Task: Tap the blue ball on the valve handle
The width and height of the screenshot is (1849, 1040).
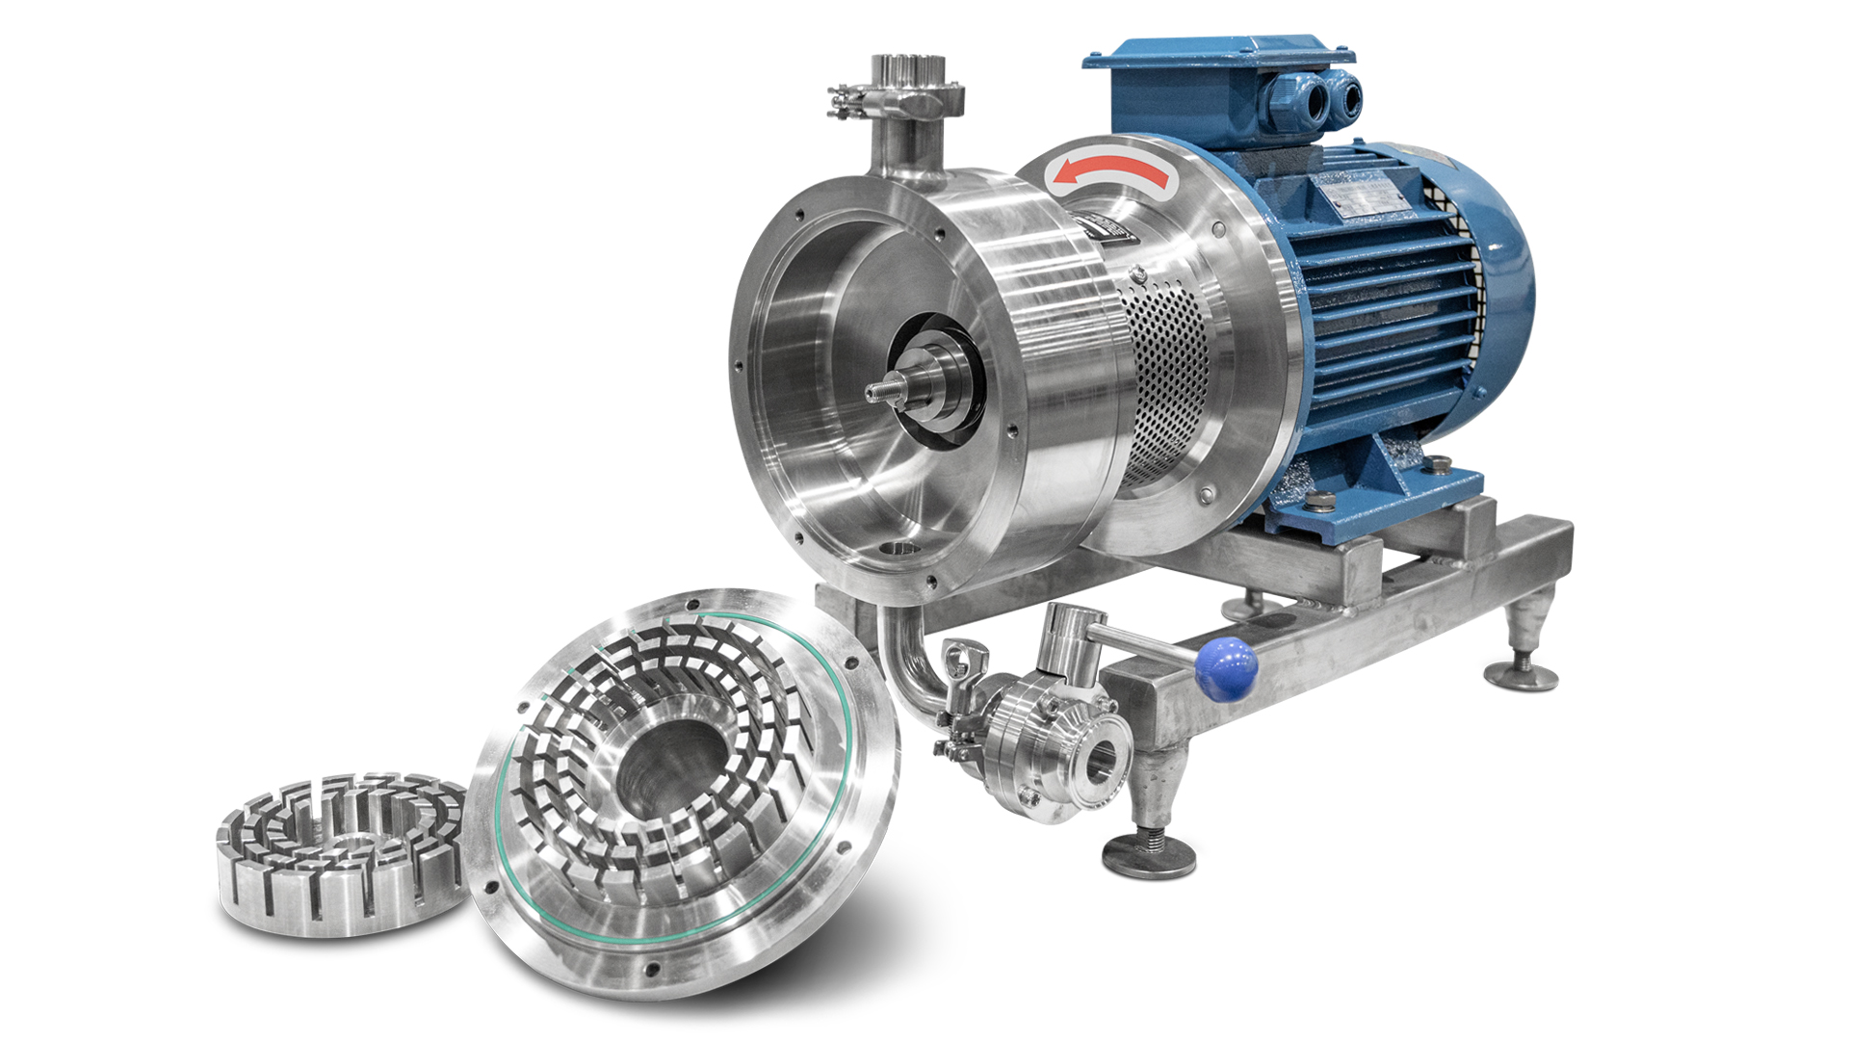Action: pyautogui.click(x=1226, y=665)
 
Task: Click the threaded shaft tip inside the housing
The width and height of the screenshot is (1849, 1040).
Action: pyautogui.click(x=882, y=391)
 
